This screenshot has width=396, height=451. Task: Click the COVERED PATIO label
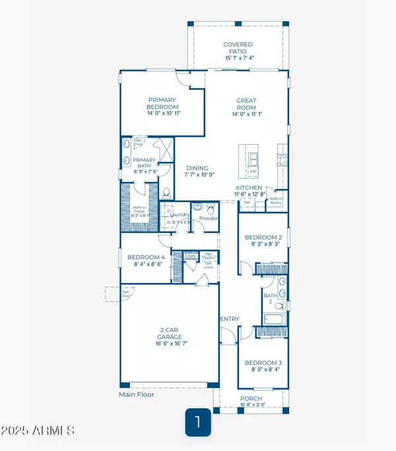(x=238, y=45)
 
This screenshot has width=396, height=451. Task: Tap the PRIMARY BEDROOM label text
(x=162, y=103)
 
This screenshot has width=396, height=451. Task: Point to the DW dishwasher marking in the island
(x=253, y=172)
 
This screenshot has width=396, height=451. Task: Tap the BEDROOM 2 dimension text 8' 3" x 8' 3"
(x=263, y=244)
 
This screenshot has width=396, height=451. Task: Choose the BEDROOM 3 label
(x=263, y=363)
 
